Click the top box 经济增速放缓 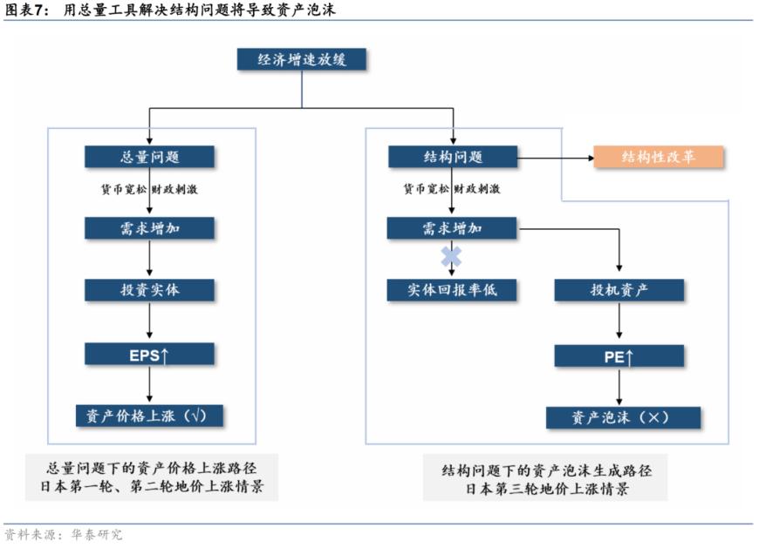point(302,60)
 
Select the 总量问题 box point(149,157)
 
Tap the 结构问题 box point(452,157)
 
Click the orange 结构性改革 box point(659,157)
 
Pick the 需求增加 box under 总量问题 point(149,228)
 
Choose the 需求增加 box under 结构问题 point(452,228)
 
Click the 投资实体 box point(149,290)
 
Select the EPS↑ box point(149,355)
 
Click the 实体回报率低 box point(452,290)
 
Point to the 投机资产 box point(619,290)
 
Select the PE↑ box point(619,356)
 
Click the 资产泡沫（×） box point(623,417)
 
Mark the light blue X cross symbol point(451,256)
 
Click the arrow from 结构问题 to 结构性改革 point(556,158)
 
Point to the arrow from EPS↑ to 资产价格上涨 point(149,384)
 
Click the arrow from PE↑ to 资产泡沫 point(619,387)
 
